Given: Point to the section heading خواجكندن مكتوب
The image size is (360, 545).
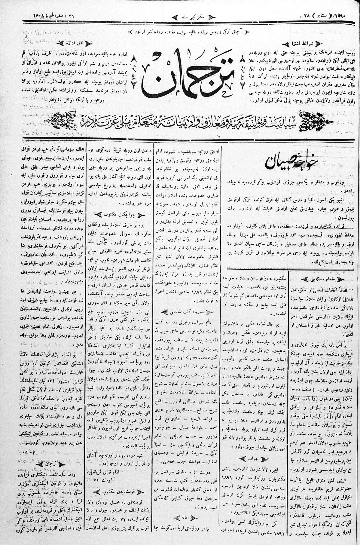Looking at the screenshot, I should click(119, 215).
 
